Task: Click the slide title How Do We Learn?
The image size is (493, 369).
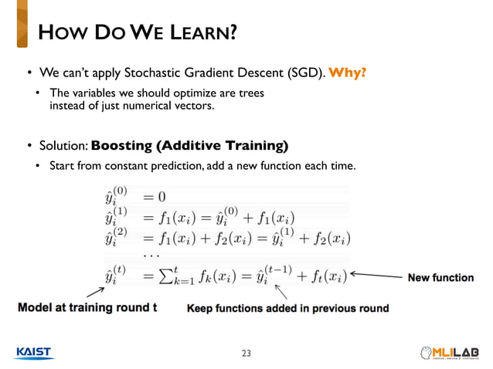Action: click(x=138, y=33)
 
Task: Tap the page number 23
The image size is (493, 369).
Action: click(x=246, y=354)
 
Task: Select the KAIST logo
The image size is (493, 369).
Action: click(x=32, y=353)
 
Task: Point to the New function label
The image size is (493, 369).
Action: click(x=440, y=278)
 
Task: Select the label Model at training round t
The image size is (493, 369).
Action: click(x=87, y=308)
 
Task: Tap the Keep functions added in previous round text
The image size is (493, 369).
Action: click(x=287, y=309)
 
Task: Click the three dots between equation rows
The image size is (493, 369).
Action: click(x=151, y=256)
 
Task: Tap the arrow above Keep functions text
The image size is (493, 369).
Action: click(x=283, y=293)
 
